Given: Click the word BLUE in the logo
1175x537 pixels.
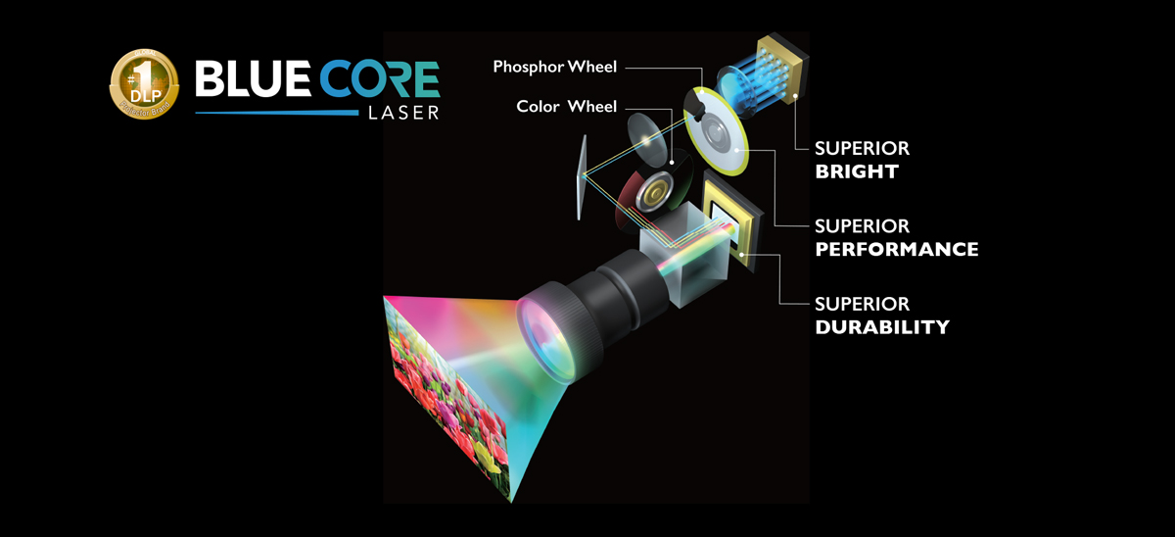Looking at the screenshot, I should tap(249, 80).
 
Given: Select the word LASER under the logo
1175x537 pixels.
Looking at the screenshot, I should tap(402, 114).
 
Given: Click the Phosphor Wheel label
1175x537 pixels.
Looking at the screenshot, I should tap(555, 67).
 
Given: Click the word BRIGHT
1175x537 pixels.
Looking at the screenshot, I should tap(857, 172).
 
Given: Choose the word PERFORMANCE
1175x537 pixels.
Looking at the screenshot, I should tap(896, 250).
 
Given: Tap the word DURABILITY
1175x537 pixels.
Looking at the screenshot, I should tap(882, 327).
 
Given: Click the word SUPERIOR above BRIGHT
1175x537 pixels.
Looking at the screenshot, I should tap(862, 149).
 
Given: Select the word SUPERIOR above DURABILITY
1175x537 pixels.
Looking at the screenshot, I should tap(862, 304).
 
